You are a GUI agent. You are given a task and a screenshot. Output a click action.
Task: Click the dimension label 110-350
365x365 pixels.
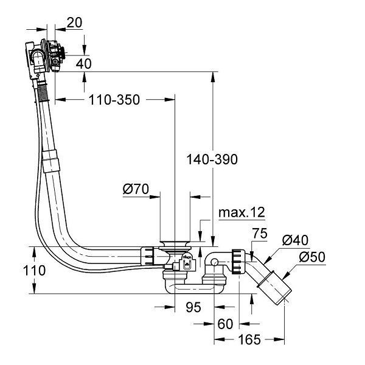point(114,100)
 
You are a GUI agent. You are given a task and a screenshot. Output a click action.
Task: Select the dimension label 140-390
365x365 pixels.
point(212,159)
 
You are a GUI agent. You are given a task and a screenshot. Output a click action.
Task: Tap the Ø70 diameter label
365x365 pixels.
point(136,189)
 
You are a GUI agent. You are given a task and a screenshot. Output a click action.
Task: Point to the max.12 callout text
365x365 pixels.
point(242,212)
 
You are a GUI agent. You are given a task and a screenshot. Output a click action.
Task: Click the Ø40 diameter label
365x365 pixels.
point(295,240)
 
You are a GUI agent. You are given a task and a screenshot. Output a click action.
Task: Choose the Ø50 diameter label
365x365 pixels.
point(312,257)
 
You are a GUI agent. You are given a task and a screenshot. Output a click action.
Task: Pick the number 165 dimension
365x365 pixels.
point(249,339)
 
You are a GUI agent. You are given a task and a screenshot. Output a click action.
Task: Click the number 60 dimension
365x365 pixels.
point(225,324)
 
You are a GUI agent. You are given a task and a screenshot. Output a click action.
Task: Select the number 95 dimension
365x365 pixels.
point(193,307)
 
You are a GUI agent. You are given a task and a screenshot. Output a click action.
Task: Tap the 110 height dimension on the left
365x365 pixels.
point(34,271)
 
